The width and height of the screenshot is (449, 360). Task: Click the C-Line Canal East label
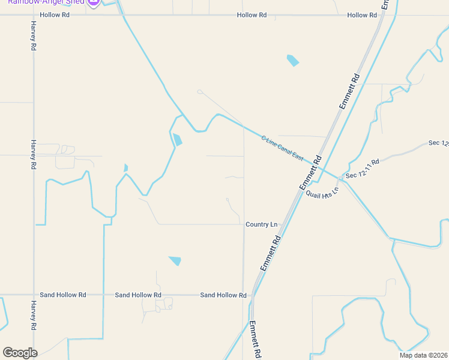tap(282, 147)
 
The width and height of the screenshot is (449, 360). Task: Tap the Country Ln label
tap(261, 224)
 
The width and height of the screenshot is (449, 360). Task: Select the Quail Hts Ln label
tap(322, 193)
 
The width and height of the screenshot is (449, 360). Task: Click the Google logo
tap(20, 353)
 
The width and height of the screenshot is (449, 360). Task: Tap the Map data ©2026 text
tap(423, 355)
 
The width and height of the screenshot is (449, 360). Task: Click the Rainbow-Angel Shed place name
tap(44, 2)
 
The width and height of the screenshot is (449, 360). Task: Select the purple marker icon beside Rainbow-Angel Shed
tap(93, 2)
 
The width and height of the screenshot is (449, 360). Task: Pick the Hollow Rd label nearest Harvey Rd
tap(55, 15)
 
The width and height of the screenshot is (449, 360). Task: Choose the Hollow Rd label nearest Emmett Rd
tap(366, 15)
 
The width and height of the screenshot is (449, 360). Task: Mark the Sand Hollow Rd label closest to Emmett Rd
tap(223, 295)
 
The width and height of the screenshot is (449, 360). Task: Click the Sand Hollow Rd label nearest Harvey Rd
tap(63, 295)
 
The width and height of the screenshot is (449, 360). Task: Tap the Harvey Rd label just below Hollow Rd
tap(34, 37)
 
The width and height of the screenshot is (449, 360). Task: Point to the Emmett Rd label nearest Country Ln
tap(271, 252)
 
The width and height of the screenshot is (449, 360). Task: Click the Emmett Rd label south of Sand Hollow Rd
tap(255, 340)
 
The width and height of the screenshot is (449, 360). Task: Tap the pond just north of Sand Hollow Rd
tap(175, 260)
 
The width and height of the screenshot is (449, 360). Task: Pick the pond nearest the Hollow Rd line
tap(292, 60)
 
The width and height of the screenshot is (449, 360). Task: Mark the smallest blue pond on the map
tap(125, 168)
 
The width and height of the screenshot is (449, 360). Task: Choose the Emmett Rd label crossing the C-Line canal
tap(310, 174)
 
